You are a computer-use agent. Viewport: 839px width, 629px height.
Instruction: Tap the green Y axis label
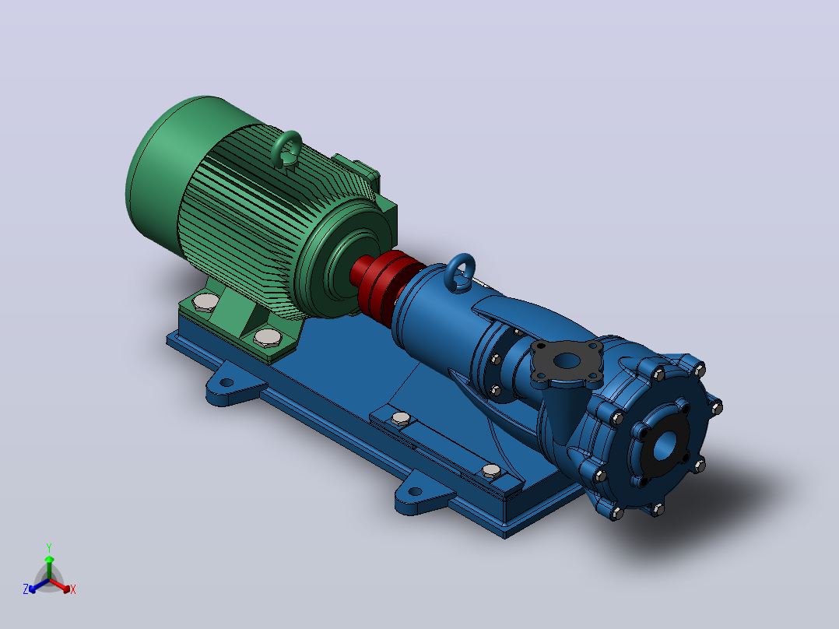[x=49, y=547]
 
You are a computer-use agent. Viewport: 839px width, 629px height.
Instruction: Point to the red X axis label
[x=73, y=589]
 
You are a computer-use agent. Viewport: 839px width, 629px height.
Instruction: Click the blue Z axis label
[x=26, y=589]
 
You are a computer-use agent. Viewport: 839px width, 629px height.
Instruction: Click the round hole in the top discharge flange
[x=567, y=360]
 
